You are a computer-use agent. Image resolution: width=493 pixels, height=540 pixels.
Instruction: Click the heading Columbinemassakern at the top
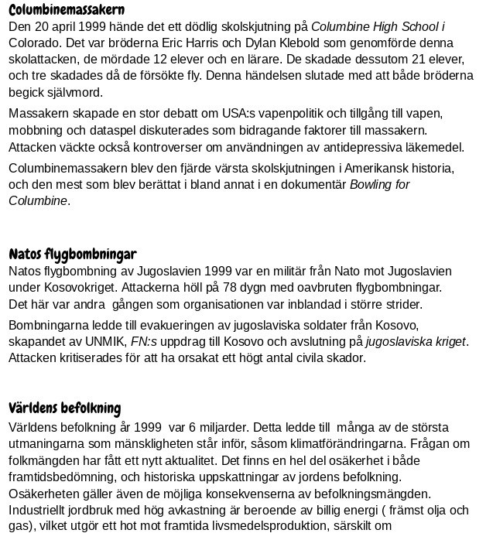click(67, 10)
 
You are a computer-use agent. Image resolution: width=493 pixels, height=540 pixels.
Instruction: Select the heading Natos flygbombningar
click(73, 254)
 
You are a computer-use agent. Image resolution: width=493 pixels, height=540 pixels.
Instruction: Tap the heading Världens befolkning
click(65, 408)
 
